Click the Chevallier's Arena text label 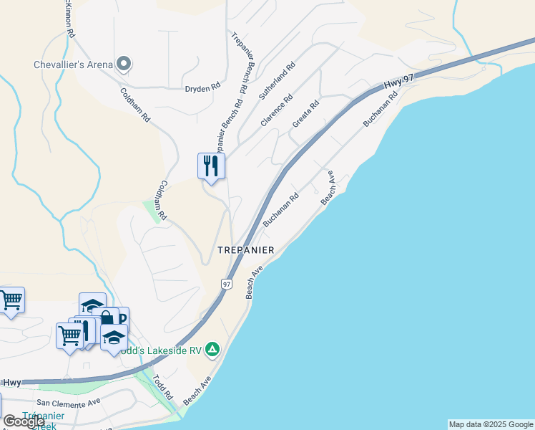click(74, 65)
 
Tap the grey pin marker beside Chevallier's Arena click(124, 64)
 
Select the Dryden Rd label click(202, 89)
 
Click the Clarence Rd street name click(277, 111)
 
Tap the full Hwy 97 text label click(400, 85)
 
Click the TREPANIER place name click(246, 250)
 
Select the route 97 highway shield click(227, 284)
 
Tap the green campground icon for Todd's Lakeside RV click(212, 349)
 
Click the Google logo click(24, 421)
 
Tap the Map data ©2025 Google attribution click(491, 424)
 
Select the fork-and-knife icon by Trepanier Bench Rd click(211, 166)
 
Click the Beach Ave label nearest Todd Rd click(197, 389)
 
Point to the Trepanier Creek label click(39, 420)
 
